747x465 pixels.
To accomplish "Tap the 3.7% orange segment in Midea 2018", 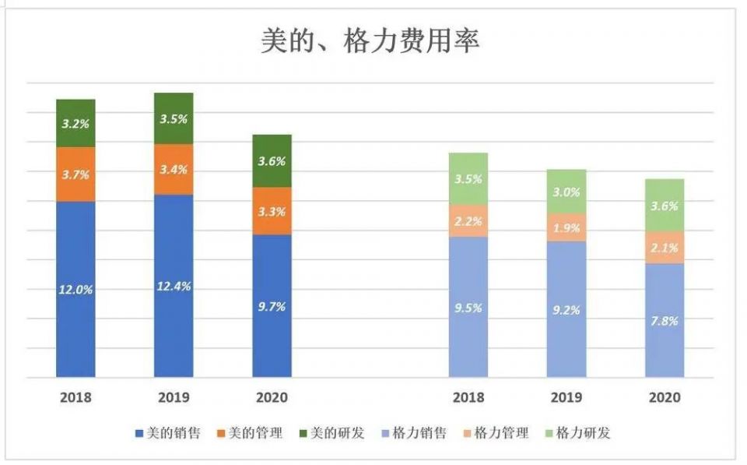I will click(x=75, y=174).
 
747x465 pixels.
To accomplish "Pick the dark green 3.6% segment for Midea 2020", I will click(x=272, y=161).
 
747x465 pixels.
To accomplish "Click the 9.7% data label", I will click(x=272, y=307).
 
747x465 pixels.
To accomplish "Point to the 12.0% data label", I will click(x=75, y=289).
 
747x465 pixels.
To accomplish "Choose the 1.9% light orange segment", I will click(x=566, y=227).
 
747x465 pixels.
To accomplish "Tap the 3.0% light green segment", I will click(x=566, y=192).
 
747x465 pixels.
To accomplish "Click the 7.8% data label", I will click(x=665, y=321).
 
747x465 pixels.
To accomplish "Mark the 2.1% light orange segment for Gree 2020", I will click(x=665, y=248).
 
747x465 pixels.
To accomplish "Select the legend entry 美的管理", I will click(x=254, y=433).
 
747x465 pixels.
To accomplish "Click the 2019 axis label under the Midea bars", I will click(x=174, y=397).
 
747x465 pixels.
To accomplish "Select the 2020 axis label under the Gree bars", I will click(x=665, y=397).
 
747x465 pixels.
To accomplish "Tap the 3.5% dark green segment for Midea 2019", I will click(x=174, y=119).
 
